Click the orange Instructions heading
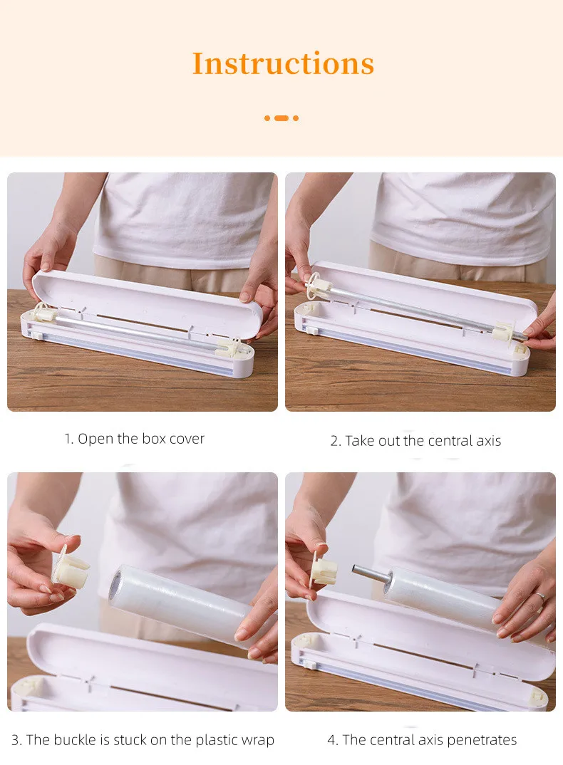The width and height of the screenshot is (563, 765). [283, 63]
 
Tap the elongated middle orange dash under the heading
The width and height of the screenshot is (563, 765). [281, 118]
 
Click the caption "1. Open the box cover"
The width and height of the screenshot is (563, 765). [134, 439]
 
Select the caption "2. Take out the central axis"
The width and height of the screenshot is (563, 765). [415, 441]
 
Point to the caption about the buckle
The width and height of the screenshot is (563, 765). [143, 740]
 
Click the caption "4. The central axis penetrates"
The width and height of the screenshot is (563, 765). [422, 740]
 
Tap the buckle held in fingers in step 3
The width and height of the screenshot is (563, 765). [71, 570]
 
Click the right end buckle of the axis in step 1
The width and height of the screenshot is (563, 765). [229, 347]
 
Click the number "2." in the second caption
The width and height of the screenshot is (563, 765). [336, 441]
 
